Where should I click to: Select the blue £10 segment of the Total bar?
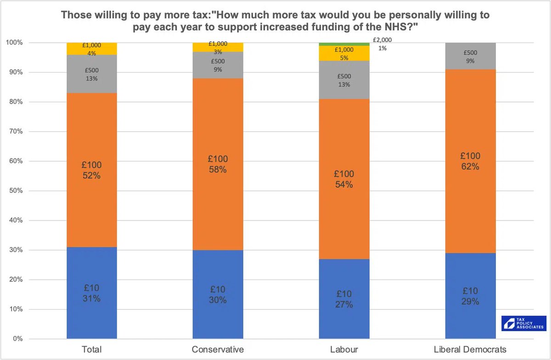[91, 293]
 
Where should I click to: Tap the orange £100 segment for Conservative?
[218, 164]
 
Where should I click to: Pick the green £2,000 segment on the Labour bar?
[344, 44]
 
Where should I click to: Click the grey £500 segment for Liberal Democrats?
[470, 56]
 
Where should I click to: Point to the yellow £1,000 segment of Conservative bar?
[218, 47]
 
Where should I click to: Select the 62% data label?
[470, 167]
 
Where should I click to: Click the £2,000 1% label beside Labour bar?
[382, 44]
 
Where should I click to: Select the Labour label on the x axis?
[344, 349]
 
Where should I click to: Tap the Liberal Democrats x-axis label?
[470, 349]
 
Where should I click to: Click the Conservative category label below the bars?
[218, 349]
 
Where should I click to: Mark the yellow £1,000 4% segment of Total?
[91, 49]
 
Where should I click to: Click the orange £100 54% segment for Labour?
[344, 179]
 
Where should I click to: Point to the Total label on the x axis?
[91, 349]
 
